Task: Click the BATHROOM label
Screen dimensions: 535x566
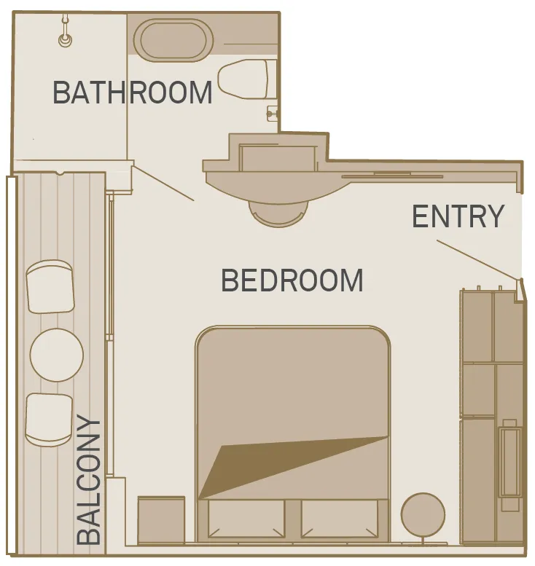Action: (133, 93)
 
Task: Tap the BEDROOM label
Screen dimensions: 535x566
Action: (292, 280)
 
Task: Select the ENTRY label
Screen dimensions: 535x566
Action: (458, 216)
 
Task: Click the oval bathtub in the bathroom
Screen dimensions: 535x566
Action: (173, 41)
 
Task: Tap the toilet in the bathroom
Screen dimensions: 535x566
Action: (244, 79)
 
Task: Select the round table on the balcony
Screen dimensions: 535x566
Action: (57, 355)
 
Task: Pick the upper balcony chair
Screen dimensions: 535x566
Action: (50, 286)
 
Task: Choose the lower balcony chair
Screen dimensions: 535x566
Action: (49, 420)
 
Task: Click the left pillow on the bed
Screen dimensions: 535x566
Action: (246, 519)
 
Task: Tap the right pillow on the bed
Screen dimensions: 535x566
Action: (340, 519)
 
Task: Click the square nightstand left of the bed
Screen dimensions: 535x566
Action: (161, 520)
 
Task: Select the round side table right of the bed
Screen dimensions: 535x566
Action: (423, 514)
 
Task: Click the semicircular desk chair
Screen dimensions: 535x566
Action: (278, 213)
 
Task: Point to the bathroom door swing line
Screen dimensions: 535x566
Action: (164, 183)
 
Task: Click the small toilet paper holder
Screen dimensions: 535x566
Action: (272, 114)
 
